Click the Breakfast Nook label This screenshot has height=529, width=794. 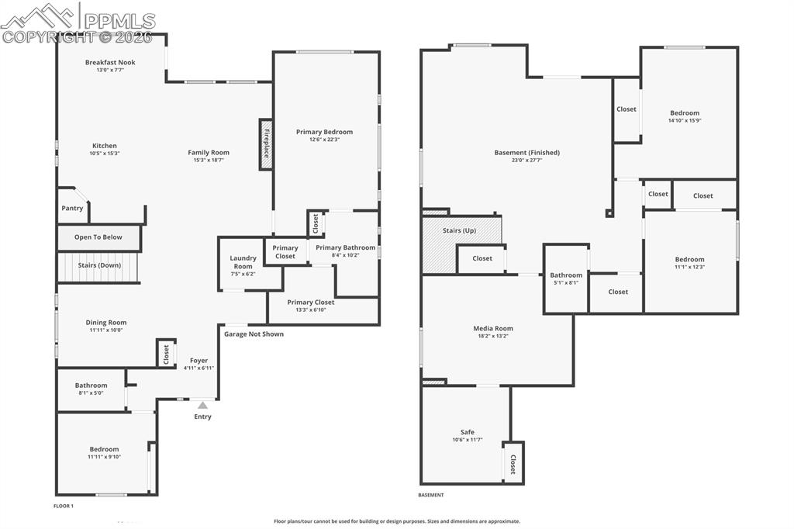pos(110,62)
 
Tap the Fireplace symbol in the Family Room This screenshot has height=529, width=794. pos(265,143)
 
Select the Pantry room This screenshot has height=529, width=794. pos(72,208)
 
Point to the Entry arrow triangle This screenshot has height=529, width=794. pos(202,405)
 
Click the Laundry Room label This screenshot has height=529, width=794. pos(243,262)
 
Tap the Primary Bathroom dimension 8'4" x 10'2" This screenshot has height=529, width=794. pos(345,255)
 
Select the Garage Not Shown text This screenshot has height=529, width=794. pos(254,334)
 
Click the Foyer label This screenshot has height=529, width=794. pos(199,361)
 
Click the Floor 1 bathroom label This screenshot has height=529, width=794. pos(91,386)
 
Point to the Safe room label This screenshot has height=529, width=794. pos(467,432)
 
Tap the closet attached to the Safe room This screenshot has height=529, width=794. pos(513,463)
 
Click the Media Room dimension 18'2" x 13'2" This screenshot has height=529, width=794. pos(493,336)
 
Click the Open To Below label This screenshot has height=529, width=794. pos(98,237)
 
